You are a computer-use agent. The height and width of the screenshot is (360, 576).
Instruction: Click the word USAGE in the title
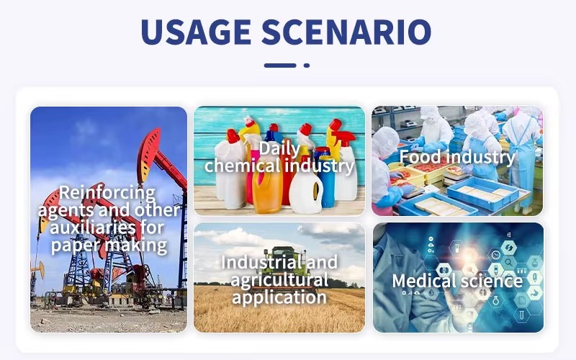pyautogui.click(x=196, y=31)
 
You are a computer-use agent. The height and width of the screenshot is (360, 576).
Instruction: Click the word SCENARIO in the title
pyautogui.click(x=346, y=31)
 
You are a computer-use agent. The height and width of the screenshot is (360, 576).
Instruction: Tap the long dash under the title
pyautogui.click(x=280, y=66)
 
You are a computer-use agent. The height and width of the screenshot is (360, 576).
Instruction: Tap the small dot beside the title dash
pyautogui.click(x=307, y=66)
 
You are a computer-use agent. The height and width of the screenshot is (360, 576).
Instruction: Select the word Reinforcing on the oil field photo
pyautogui.click(x=107, y=193)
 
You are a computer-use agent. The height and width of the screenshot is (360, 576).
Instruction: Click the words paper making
pyautogui.click(x=109, y=246)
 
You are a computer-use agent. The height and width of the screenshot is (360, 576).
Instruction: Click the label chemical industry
pyautogui.click(x=279, y=166)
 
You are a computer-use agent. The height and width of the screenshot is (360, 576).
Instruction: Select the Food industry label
pyautogui.click(x=457, y=157)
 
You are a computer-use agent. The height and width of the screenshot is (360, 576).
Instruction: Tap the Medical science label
pyautogui.click(x=457, y=282)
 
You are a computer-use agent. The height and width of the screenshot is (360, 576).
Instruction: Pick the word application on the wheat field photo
pyautogui.click(x=279, y=297)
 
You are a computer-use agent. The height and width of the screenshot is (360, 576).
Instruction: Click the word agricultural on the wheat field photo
pyautogui.click(x=279, y=280)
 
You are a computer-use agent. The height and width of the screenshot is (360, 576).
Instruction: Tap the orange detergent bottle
pyautogui.click(x=267, y=191)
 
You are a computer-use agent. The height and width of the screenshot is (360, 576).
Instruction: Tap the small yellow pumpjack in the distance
pyautogui.click(x=38, y=270)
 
